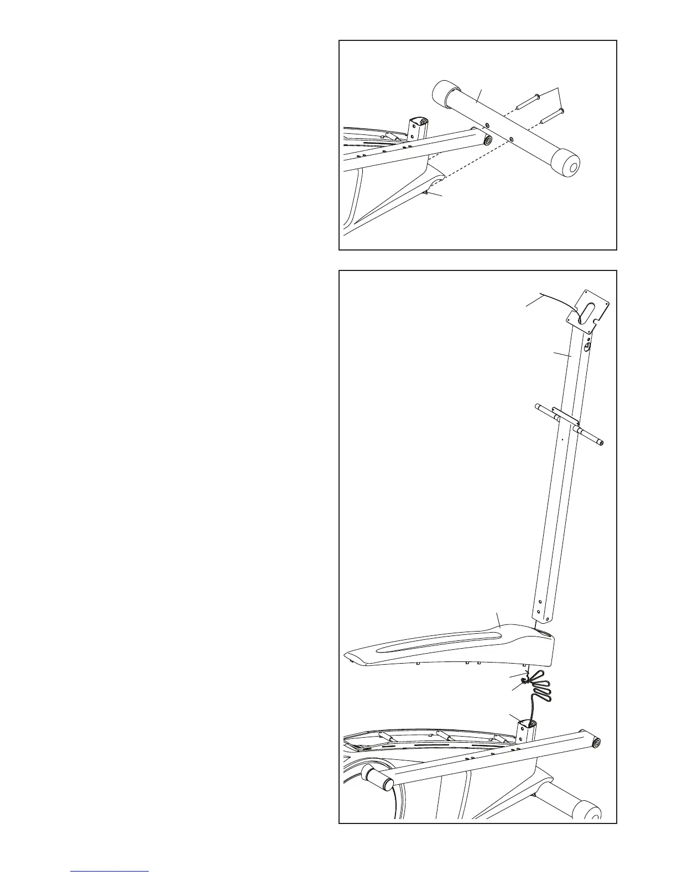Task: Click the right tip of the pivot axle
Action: [601, 442]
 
